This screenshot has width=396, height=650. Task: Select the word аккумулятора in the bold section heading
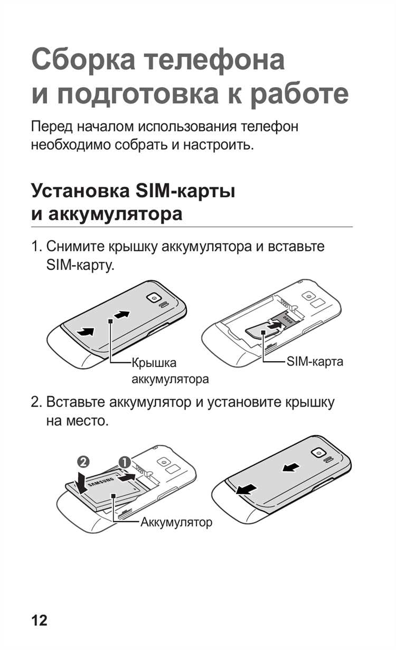point(115,214)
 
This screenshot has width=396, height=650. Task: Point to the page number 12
point(39,620)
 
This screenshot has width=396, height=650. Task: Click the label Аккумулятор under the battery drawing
point(176,523)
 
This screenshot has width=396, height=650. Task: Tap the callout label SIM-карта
point(315,362)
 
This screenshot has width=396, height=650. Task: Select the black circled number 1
point(125,461)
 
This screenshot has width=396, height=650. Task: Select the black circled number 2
point(83,461)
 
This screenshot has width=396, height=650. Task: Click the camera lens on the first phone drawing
point(154,298)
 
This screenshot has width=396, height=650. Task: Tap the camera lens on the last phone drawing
point(318,453)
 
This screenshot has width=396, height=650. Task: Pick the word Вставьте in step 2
point(76,402)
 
